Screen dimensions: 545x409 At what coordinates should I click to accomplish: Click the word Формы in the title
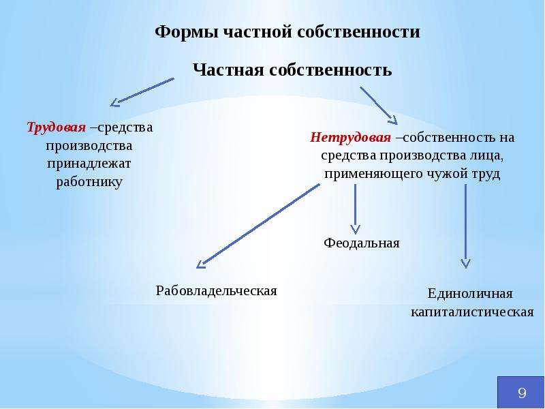pyautogui.click(x=187, y=32)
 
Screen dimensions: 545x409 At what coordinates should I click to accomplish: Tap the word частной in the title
pyautogui.click(x=258, y=32)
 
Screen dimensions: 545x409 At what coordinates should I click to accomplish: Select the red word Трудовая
pyautogui.click(x=57, y=127)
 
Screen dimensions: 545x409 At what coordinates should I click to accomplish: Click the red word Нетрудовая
pyautogui.click(x=350, y=138)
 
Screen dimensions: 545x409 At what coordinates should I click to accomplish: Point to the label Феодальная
pyautogui.click(x=362, y=243)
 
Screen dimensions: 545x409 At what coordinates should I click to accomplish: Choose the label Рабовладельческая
pyautogui.click(x=216, y=290)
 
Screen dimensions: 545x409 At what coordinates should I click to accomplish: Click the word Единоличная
pyautogui.click(x=470, y=294)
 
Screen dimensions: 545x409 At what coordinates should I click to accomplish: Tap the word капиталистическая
pyautogui.click(x=472, y=312)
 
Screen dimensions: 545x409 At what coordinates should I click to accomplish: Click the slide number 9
pyautogui.click(x=522, y=393)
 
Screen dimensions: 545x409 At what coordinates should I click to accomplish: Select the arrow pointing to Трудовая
pyautogui.click(x=142, y=92)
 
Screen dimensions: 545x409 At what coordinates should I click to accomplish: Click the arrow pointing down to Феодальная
pyautogui.click(x=355, y=209)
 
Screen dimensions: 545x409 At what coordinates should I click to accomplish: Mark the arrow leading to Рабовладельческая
pyautogui.click(x=258, y=226)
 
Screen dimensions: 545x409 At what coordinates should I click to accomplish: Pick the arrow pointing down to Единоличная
pyautogui.click(x=465, y=226)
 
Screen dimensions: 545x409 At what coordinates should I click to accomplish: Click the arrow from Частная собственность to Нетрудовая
pyautogui.click(x=379, y=106)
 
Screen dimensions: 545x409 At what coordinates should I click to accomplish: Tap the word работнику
pyautogui.click(x=89, y=182)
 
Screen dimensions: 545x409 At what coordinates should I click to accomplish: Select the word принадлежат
pyautogui.click(x=89, y=164)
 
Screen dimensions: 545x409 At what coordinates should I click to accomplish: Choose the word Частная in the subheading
pyautogui.click(x=228, y=70)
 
